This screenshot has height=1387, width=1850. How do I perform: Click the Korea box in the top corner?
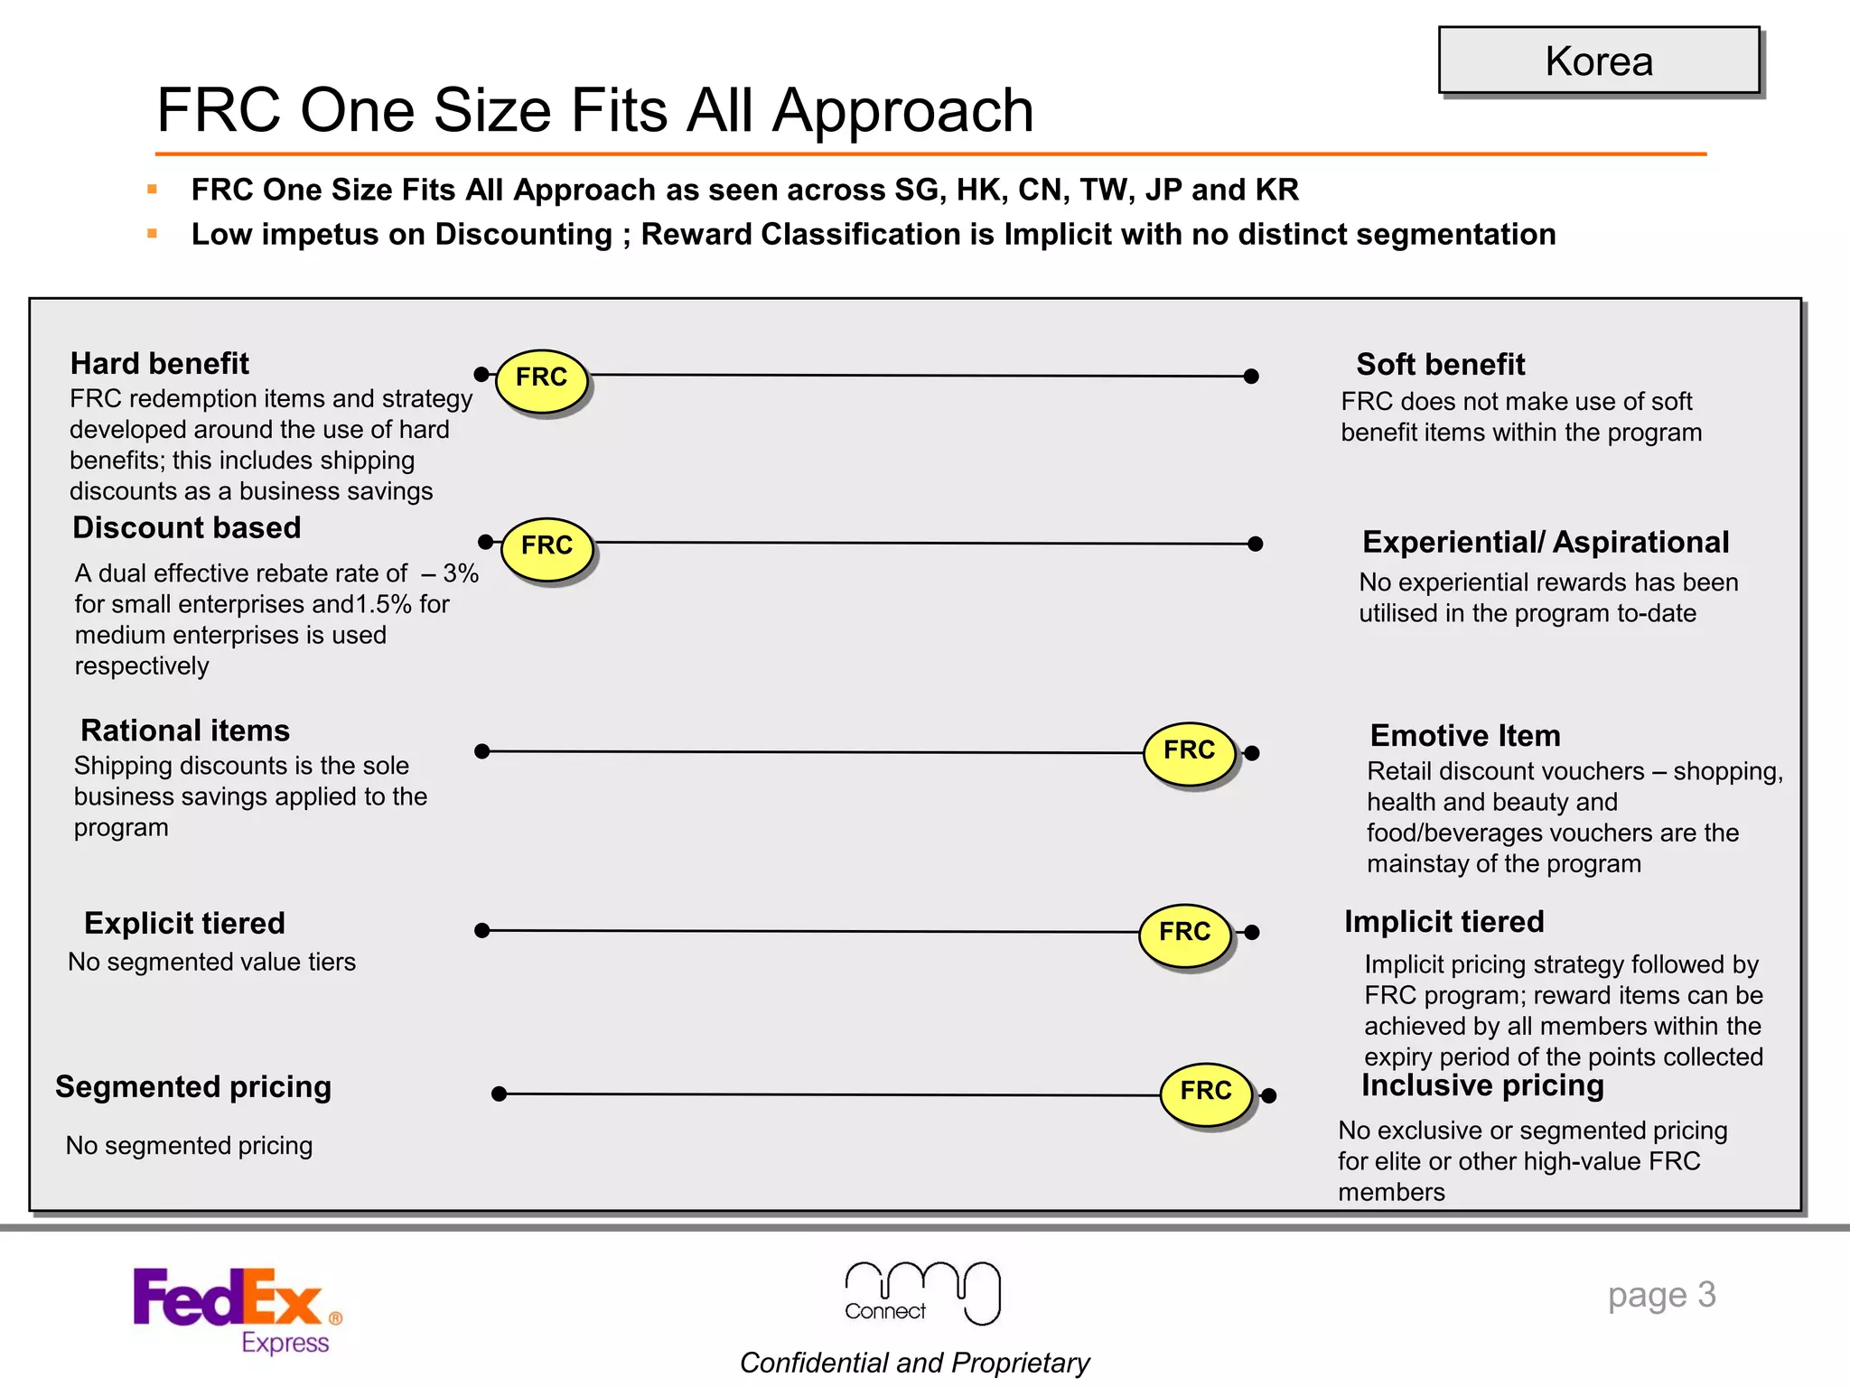tap(1599, 61)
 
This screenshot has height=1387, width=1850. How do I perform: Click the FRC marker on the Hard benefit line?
tap(542, 379)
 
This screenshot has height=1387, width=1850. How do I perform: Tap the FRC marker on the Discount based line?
tap(547, 547)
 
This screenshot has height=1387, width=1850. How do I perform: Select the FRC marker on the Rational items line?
tap(1190, 751)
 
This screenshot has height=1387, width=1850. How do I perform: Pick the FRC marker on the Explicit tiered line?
tap(1185, 933)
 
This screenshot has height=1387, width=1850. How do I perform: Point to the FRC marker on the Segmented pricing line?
tap(1206, 1093)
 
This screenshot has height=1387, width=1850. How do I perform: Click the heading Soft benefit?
tap(1440, 365)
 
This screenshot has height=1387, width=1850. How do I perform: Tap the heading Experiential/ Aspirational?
tap(1546, 542)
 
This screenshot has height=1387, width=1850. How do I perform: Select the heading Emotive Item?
tap(1465, 736)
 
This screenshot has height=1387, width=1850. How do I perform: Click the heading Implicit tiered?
tap(1444, 922)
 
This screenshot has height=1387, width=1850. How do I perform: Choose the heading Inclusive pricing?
tap(1482, 1085)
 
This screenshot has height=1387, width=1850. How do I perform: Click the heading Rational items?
tap(185, 731)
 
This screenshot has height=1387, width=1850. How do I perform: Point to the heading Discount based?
tap(186, 528)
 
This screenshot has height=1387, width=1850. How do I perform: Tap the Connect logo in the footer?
tap(921, 1293)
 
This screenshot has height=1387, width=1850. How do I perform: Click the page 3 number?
tap(1661, 1295)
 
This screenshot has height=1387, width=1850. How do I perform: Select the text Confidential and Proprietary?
tap(914, 1363)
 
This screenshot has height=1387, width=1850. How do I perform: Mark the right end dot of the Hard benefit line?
tap(1251, 377)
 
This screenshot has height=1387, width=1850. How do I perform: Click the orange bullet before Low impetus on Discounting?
tap(152, 234)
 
